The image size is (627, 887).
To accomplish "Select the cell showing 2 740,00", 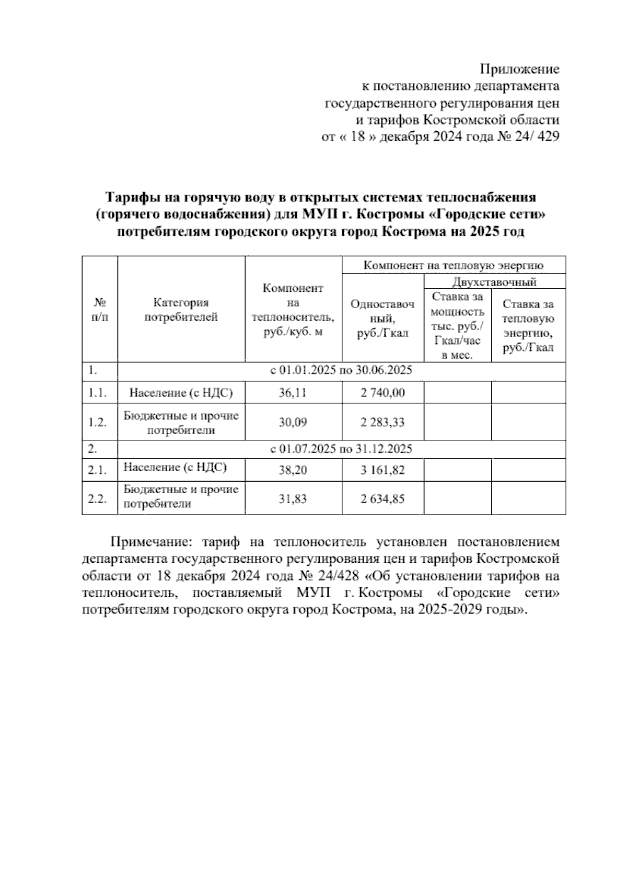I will click(x=382, y=392).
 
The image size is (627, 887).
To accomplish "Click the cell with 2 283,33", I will click(x=382, y=422).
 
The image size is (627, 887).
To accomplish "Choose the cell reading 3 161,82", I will click(x=382, y=470).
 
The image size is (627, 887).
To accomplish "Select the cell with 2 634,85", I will click(x=382, y=498).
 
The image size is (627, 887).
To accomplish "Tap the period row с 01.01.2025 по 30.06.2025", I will click(x=341, y=371).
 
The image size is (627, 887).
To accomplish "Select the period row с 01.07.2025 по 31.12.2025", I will click(x=341, y=449).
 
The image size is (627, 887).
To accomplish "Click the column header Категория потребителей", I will click(x=181, y=310).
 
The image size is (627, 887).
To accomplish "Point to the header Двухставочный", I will click(x=494, y=282).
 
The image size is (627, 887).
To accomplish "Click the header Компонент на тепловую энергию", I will click(x=454, y=265).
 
